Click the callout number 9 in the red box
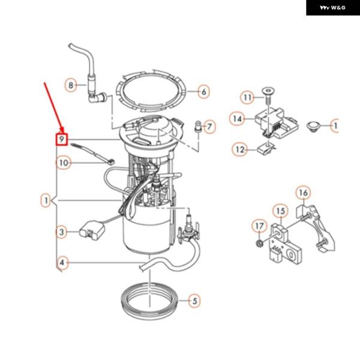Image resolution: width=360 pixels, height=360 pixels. point(61,140)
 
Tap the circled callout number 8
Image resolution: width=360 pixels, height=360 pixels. point(71,85)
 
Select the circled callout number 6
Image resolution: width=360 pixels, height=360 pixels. point(203,92)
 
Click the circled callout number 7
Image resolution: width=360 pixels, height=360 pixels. point(209,127)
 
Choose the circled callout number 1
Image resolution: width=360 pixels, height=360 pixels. point(46,199)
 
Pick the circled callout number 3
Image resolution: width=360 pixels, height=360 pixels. point(61,231)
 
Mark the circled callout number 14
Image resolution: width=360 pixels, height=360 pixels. point(238,119)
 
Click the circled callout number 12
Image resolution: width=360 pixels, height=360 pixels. point(241,149)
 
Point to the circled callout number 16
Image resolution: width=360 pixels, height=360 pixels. point(303,193)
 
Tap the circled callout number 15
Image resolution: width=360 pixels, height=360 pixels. point(280,211)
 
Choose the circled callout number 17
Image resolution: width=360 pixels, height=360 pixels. point(259,226)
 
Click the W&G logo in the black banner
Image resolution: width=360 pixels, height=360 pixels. point(332,8)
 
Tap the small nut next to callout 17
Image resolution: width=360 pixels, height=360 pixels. point(257,243)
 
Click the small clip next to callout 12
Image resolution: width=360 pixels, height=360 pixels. point(265,148)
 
